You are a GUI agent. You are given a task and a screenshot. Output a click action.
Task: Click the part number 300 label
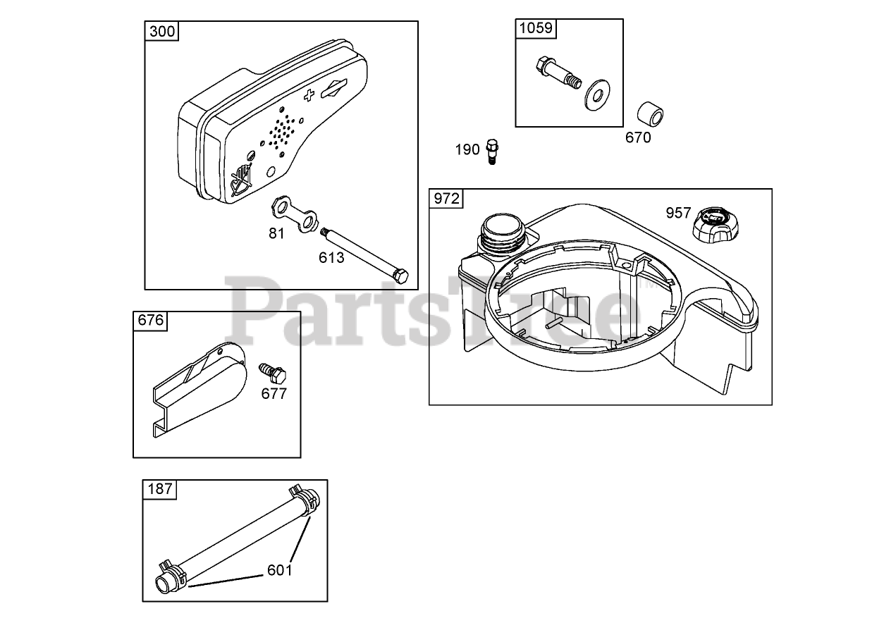(x=162, y=31)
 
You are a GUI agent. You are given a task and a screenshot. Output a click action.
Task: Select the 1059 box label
(x=536, y=28)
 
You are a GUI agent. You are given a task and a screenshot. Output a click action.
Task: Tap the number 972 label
(x=446, y=199)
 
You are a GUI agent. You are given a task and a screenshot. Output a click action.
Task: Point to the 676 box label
(x=150, y=321)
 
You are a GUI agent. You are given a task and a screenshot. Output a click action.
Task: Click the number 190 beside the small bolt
(x=467, y=149)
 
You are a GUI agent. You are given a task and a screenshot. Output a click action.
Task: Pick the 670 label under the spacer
(x=638, y=137)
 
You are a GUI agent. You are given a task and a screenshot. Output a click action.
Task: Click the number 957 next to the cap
(x=678, y=212)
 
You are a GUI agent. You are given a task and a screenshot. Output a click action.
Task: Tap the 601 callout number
(x=279, y=570)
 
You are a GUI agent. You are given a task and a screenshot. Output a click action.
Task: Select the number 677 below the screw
(x=274, y=393)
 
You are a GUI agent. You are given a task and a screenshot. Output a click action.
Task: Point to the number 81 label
(x=277, y=233)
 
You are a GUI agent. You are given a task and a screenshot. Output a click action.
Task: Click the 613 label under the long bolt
(x=331, y=257)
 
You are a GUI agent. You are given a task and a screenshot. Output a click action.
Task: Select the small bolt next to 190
(x=493, y=151)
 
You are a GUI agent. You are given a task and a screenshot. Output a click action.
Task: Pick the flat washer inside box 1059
(x=597, y=95)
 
